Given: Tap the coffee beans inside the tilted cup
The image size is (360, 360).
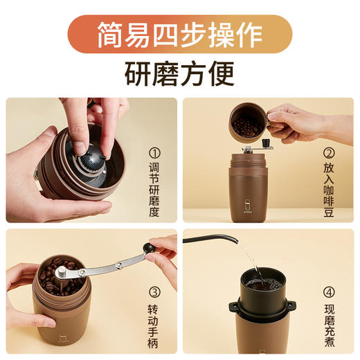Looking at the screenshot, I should pos(246,127).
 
